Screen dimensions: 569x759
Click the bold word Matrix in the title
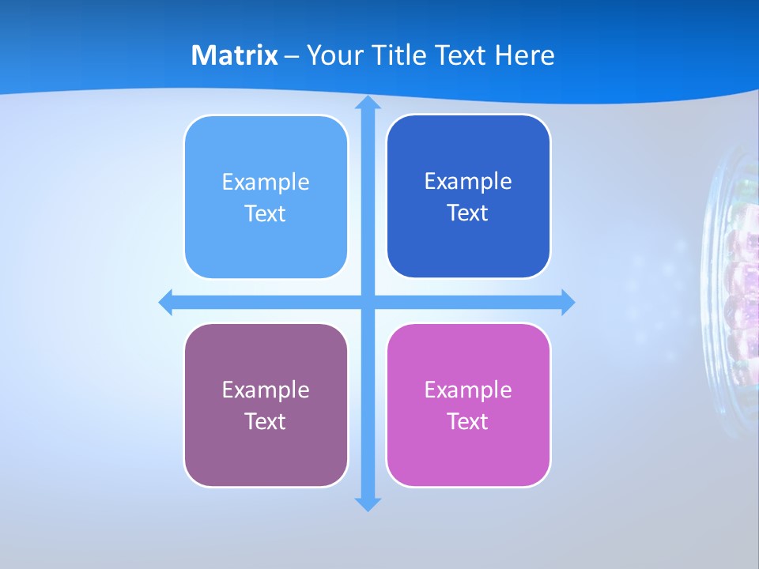coord(235,55)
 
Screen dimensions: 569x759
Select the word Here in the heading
coord(525,55)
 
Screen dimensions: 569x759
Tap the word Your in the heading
coord(334,55)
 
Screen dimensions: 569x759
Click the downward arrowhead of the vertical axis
coord(368,503)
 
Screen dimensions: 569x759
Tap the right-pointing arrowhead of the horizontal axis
coord(568,302)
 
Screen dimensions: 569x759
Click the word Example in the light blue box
coord(266,183)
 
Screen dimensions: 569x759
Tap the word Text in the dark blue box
coord(468,213)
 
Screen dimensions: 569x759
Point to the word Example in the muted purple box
coord(266,390)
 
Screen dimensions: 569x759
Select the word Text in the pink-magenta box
coord(468,421)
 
